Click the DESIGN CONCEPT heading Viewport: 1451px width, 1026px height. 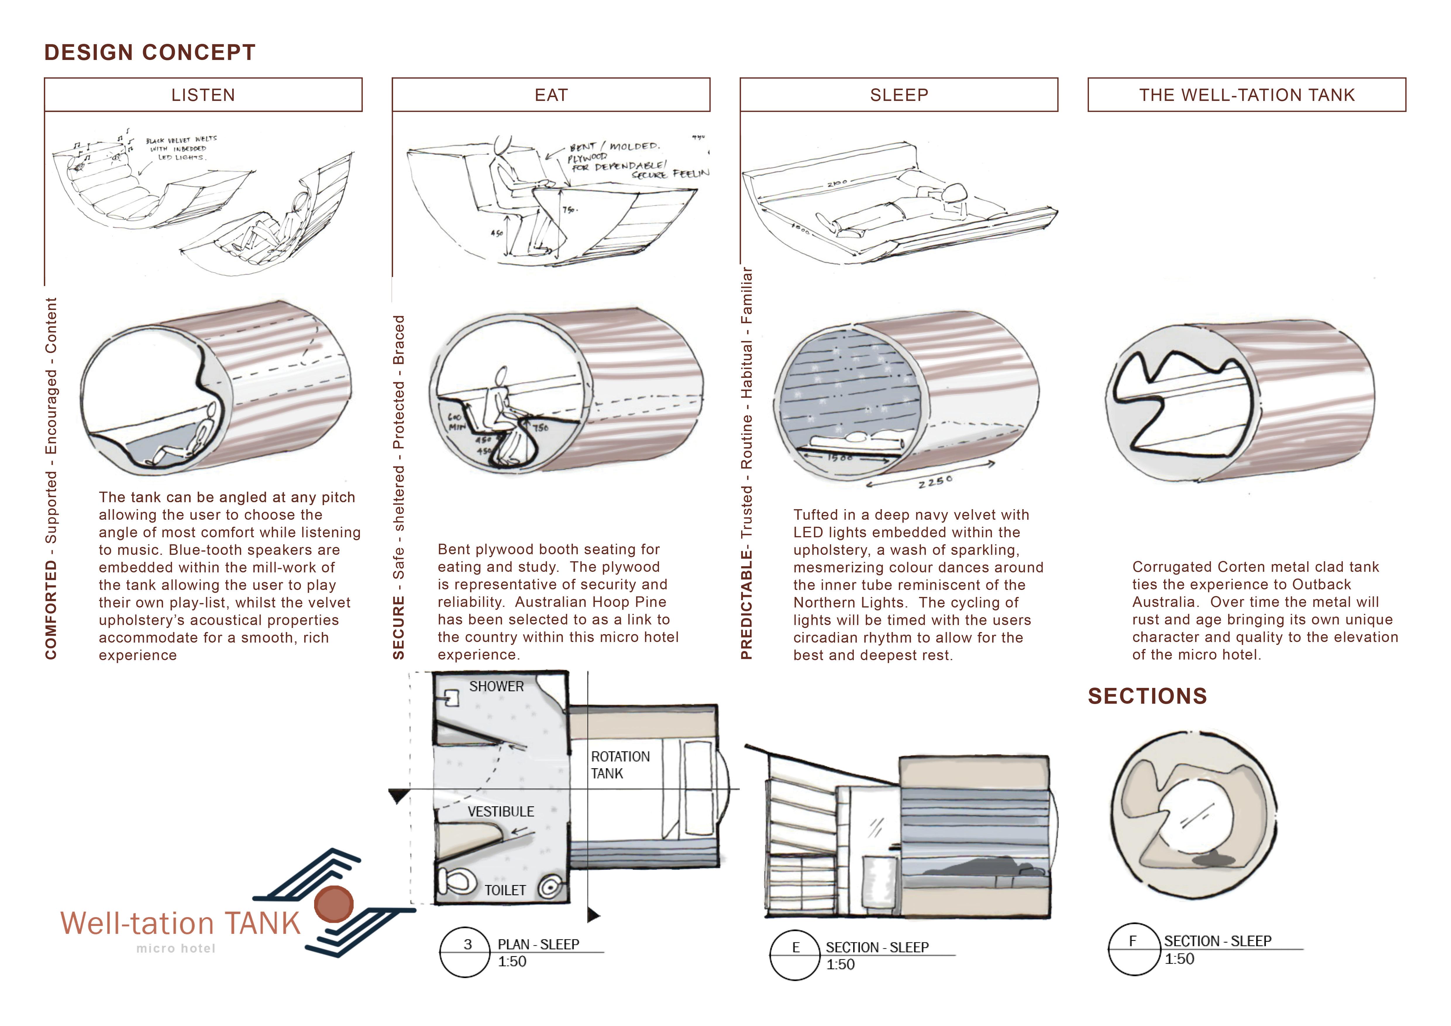150,52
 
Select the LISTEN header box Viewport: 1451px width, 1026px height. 203,95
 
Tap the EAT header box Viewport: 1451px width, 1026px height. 551,95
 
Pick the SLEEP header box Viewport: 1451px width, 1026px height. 899,95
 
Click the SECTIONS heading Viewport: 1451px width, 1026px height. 1147,696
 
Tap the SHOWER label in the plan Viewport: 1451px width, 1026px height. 496,687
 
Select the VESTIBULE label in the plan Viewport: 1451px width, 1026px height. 500,812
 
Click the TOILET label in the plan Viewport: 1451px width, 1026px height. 505,890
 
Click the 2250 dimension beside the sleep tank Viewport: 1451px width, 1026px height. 935,482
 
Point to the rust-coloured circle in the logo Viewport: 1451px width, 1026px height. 334,903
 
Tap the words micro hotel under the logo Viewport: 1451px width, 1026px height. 176,948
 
